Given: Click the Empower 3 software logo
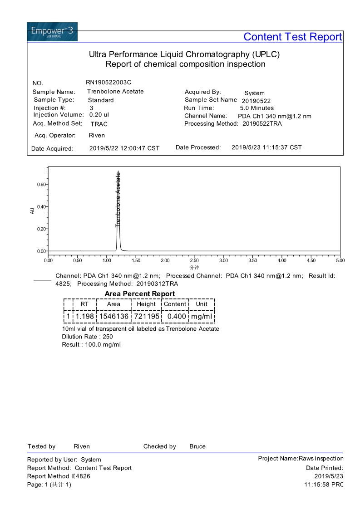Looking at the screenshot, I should (x=52, y=32).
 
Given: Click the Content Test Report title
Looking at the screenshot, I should (x=292, y=37).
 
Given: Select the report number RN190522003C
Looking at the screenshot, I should (x=108, y=82).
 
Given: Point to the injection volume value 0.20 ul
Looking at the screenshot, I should (x=99, y=115).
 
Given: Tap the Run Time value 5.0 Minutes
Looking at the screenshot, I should (x=256, y=108).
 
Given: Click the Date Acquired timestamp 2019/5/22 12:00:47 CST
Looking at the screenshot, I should (x=124, y=148).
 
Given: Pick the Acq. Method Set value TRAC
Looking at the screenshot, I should (x=99, y=124).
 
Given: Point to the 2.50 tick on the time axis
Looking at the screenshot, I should (x=194, y=260).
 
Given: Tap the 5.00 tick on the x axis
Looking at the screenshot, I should (x=340, y=260).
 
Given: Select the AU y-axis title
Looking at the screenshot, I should (x=32, y=210).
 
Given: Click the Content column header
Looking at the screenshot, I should (x=175, y=304).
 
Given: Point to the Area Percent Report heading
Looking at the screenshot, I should (x=139, y=294).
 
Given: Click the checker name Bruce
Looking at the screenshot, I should (x=197, y=446).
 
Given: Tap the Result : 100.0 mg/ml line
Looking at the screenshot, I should (x=91, y=345).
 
